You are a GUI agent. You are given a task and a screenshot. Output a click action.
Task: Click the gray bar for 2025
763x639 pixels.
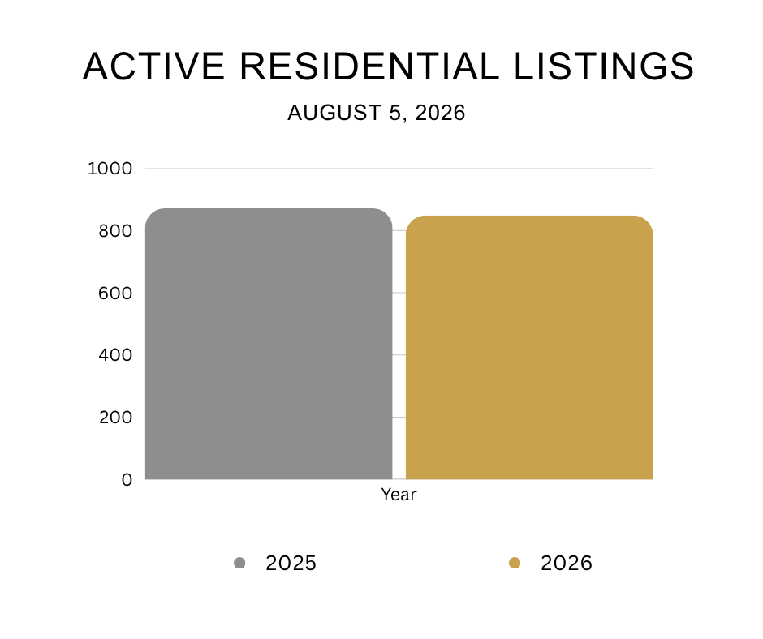[269, 344]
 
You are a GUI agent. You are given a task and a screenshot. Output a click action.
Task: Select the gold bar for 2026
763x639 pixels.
[529, 347]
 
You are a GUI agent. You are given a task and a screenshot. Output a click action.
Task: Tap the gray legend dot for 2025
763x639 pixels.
[239, 563]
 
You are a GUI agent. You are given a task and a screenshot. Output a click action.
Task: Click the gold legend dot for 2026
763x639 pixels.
[515, 563]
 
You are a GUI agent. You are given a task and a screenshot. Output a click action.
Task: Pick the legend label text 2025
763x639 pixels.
[291, 563]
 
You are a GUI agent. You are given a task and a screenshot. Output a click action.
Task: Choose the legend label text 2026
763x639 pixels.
[567, 563]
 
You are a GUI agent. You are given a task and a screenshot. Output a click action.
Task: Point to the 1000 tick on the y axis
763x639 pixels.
[110, 168]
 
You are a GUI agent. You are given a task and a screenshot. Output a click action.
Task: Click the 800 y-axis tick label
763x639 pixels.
[115, 230]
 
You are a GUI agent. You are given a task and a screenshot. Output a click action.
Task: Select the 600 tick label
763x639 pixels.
[115, 293]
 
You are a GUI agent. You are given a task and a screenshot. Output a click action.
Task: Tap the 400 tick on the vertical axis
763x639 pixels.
[115, 355]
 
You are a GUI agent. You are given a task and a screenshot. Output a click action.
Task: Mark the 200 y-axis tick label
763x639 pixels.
[115, 418]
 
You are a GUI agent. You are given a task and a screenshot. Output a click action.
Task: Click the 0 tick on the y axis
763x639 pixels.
[127, 479]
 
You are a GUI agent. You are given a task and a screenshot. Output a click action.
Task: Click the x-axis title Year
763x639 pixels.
[399, 495]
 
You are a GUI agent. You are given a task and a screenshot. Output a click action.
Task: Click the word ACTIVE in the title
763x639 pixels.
[153, 66]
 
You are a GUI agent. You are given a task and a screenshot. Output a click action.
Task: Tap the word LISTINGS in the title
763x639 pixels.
[604, 66]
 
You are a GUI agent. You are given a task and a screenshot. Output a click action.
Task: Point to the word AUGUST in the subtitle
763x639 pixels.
[334, 113]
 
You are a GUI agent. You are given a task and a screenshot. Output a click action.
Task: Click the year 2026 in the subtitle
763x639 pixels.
[441, 113]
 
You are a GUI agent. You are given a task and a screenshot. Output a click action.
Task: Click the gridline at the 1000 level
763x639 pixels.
[399, 168]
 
